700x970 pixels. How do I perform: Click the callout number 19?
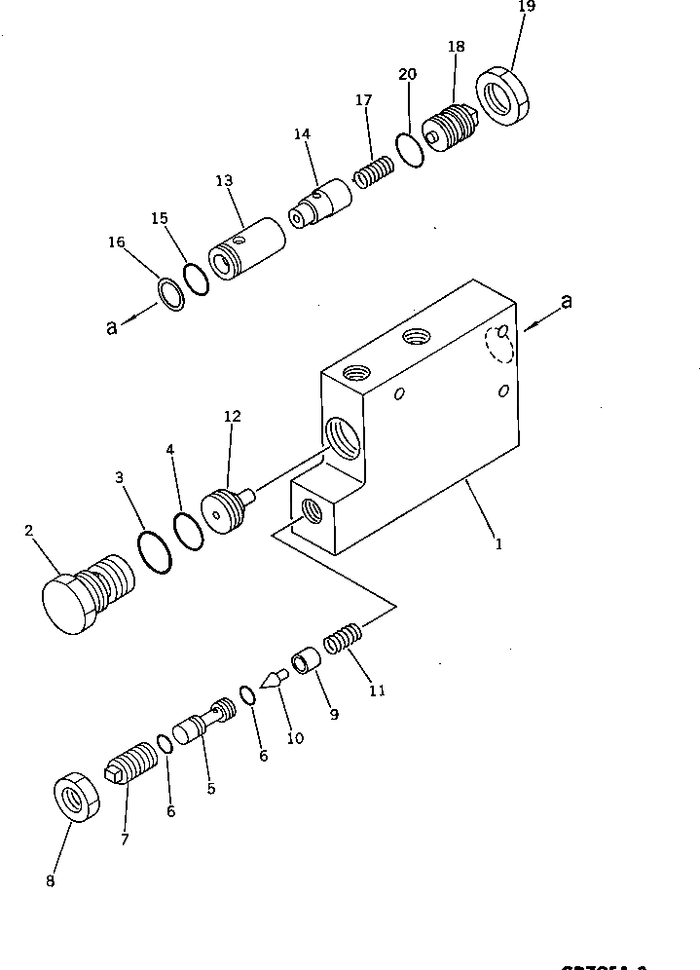coord(526,9)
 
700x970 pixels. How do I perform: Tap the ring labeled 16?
coord(170,295)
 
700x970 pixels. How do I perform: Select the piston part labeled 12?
coord(224,509)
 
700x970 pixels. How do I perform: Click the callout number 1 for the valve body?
coord(498,545)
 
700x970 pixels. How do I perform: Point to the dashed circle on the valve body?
coord(498,343)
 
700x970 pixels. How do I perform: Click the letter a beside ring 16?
coord(113,327)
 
